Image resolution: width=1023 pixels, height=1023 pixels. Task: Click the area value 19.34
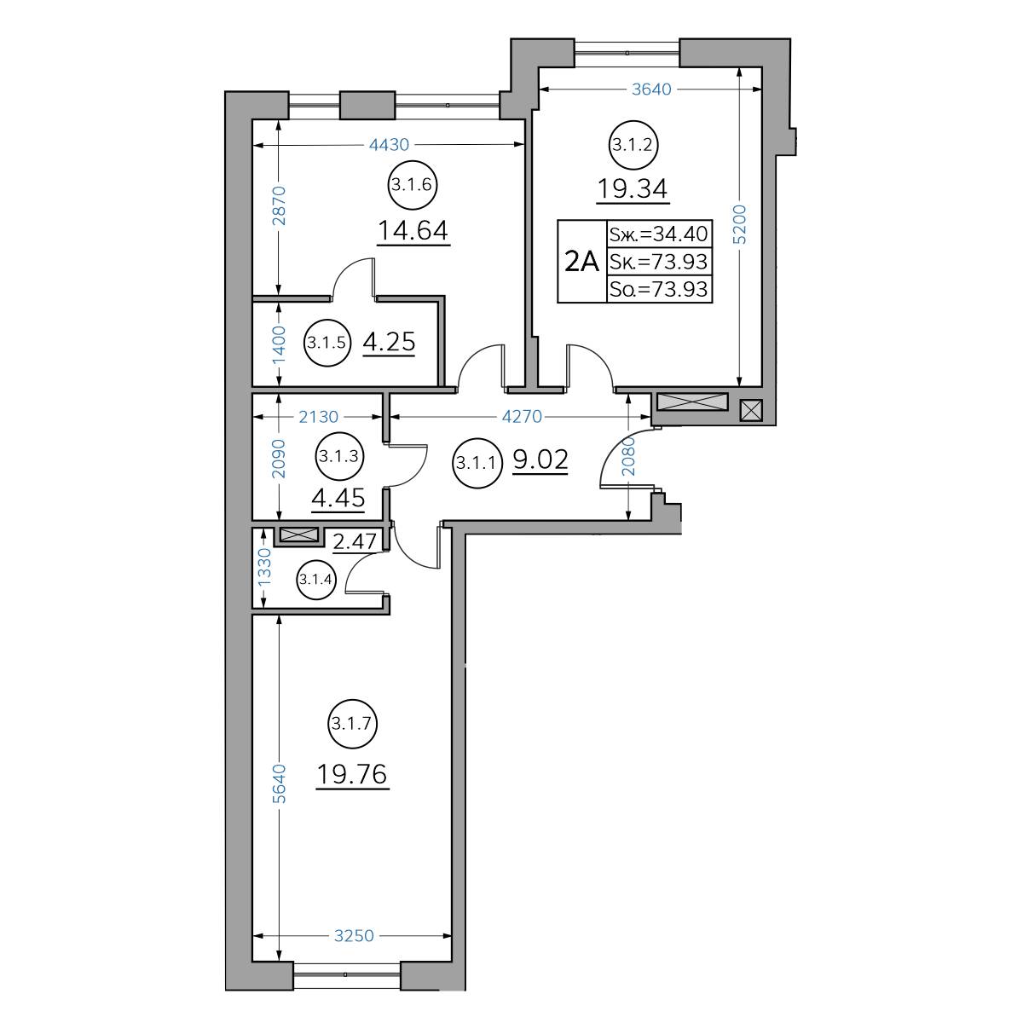(x=633, y=189)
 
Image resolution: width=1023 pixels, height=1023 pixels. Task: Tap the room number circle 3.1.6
(x=413, y=185)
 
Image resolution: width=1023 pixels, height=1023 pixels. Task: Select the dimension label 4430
(x=389, y=144)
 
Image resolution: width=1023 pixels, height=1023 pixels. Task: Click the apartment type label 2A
(x=582, y=262)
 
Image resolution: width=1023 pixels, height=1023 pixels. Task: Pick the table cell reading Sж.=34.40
(x=659, y=234)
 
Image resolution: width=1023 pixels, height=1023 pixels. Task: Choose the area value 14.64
(x=413, y=231)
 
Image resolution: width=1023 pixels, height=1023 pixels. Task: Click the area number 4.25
(x=389, y=342)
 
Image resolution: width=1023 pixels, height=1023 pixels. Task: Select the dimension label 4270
(x=522, y=417)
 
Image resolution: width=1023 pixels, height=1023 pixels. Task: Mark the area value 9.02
(x=540, y=459)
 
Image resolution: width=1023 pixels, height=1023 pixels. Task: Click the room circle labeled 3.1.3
(x=339, y=456)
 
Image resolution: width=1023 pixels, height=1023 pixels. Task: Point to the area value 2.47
(x=355, y=541)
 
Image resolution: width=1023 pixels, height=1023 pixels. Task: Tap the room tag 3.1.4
(x=315, y=579)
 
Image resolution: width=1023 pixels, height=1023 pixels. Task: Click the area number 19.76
(x=352, y=775)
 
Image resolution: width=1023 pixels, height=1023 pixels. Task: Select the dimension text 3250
(x=354, y=935)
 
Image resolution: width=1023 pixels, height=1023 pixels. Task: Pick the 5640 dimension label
(x=279, y=784)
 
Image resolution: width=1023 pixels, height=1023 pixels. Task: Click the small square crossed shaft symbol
(x=751, y=411)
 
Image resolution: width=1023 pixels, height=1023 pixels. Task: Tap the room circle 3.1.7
(x=352, y=724)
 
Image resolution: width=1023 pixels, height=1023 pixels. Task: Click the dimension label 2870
(x=279, y=206)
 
